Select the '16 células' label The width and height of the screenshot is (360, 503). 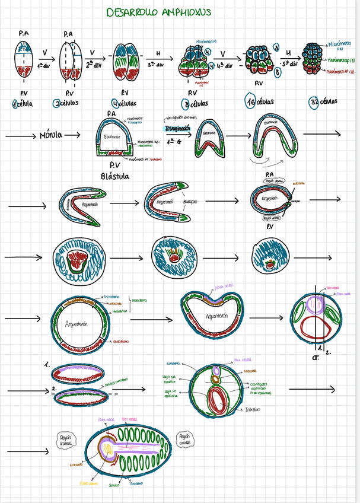point(260,101)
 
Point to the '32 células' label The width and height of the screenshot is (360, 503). point(323,101)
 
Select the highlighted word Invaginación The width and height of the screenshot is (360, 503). point(177,128)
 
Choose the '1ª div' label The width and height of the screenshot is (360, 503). point(43,65)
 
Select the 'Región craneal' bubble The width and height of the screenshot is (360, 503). point(65,440)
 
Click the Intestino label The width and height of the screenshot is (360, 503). point(254,409)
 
